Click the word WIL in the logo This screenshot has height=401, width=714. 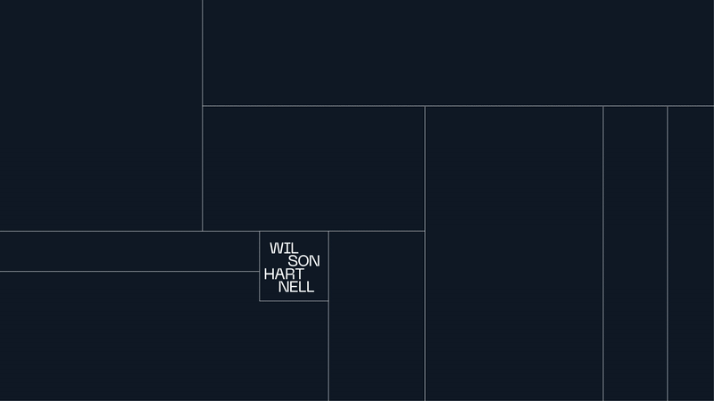click(x=282, y=248)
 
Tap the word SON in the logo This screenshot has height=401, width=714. click(x=303, y=261)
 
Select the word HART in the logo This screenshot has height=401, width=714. click(x=284, y=274)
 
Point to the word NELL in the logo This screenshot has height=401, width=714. click(x=296, y=287)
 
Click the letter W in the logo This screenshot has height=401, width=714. click(x=276, y=248)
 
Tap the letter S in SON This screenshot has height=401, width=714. click(x=293, y=261)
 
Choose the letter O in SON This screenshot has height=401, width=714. click(x=303, y=261)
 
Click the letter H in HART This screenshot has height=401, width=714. click(x=270, y=274)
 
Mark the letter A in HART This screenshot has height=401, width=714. click(x=279, y=274)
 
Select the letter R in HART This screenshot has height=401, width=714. click(x=289, y=274)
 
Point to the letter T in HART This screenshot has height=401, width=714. click(x=299, y=274)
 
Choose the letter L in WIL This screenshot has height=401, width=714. click(x=291, y=248)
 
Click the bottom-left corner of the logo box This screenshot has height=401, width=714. click(x=260, y=301)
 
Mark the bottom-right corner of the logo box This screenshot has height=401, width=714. click(x=328, y=301)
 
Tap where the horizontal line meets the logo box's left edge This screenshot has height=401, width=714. click(x=260, y=271)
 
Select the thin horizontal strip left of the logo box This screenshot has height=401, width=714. click(x=129, y=251)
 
